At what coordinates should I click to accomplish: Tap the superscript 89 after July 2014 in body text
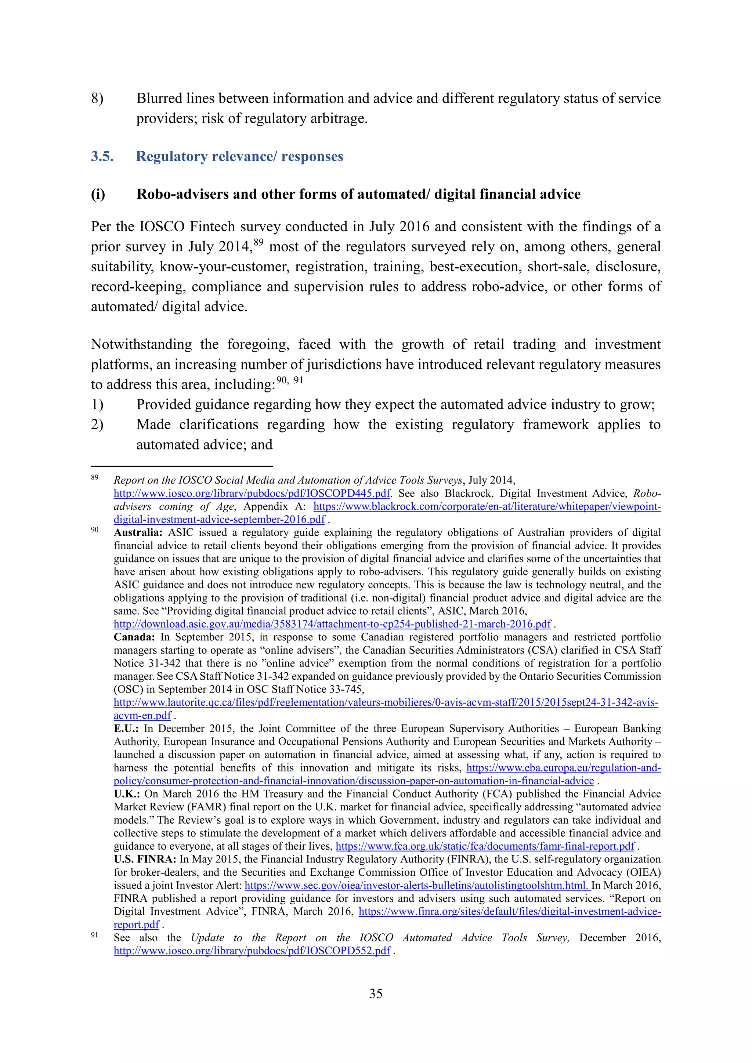(258, 242)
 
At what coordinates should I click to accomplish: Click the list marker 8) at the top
(97, 99)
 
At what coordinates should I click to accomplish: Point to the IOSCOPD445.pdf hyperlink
(252, 493)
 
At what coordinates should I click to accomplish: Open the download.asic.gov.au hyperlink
(332, 624)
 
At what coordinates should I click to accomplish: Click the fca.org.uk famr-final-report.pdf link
(485, 846)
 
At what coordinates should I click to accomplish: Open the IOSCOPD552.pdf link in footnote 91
(252, 951)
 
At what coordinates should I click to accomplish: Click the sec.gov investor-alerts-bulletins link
(417, 886)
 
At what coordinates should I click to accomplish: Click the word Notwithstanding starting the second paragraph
(141, 344)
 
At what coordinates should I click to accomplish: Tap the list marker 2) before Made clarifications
(97, 425)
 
